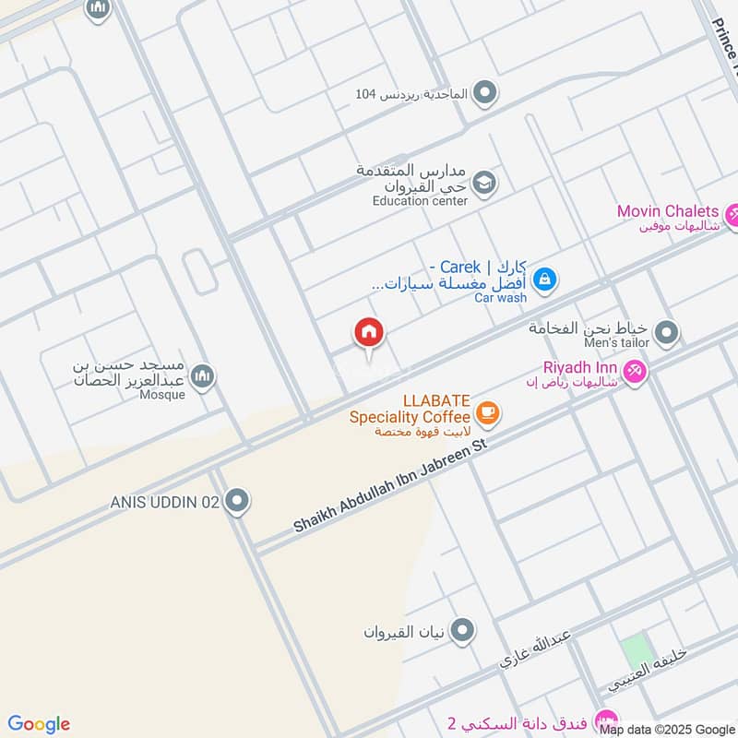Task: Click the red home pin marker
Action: pos(369,333)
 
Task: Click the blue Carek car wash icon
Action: pos(544,277)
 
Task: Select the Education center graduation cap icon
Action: pos(485,183)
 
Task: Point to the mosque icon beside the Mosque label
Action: pos(203,376)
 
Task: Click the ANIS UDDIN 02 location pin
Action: pos(237,501)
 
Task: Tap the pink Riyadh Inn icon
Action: pos(634,372)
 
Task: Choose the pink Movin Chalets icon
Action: pos(732,216)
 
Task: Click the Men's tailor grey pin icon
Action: pos(667,332)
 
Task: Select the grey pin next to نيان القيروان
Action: pos(462,631)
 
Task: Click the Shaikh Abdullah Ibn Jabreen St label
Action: pos(389,485)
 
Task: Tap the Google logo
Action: pos(39,724)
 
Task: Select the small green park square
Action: pos(637,650)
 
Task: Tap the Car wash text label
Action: pos(501,298)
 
